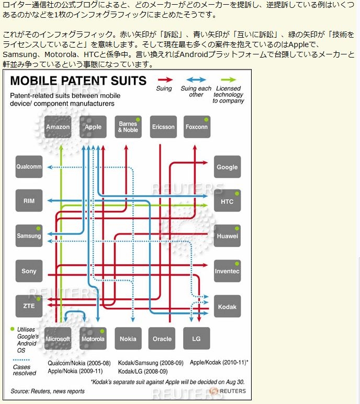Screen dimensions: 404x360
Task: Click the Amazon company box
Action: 58,127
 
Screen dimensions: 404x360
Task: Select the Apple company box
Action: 93,127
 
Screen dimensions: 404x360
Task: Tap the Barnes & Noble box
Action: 128,127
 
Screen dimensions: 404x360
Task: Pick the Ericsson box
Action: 163,127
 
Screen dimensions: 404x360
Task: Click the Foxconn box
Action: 197,127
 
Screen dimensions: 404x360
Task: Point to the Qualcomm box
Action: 29,167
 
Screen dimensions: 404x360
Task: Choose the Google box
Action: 227,167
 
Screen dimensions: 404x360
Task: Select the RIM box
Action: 29,201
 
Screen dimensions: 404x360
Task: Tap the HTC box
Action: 227,201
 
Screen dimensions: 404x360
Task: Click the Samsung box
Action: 29,236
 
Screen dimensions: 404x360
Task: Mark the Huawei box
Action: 227,236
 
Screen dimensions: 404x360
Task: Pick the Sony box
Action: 29,271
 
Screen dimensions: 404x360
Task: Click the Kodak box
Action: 227,307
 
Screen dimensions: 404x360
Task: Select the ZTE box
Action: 29,306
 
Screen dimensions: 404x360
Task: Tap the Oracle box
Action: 162,339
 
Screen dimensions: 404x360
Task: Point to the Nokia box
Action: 128,339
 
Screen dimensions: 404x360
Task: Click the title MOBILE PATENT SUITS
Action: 78,81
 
